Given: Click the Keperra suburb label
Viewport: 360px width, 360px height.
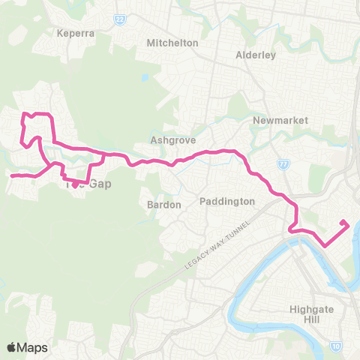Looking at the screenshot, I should click(x=73, y=33).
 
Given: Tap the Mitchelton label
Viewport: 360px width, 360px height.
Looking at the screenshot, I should click(x=173, y=43).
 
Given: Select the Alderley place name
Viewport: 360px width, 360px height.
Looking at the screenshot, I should click(x=256, y=55).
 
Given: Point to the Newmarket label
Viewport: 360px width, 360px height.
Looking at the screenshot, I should click(x=275, y=120).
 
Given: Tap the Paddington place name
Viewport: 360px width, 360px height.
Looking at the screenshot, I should click(x=227, y=201).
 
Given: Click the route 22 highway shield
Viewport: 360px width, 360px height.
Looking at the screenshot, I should click(x=119, y=19).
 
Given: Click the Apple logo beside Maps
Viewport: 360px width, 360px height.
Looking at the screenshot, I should click(x=12, y=347).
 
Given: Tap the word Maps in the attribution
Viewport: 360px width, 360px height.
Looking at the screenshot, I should click(x=32, y=347).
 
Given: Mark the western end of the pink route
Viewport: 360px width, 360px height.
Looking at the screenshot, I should click(x=10, y=176).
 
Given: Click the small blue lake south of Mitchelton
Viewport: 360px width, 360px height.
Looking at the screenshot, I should click(x=144, y=77).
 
